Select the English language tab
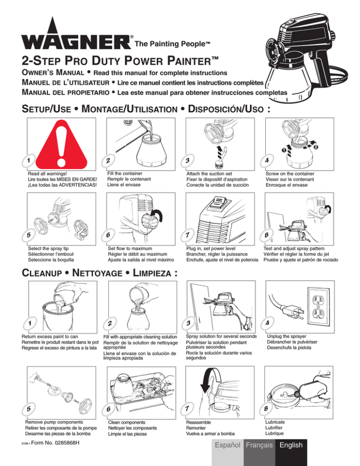[291, 445]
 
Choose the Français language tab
[259, 445]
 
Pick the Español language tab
[228, 445]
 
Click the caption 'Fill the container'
[125, 173]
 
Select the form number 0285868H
[55, 443]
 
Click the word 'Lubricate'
[275, 422]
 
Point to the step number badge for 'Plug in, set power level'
[187, 235]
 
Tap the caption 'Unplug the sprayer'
[286, 336]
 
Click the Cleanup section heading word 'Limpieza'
[152, 273]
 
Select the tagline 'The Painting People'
[172, 44]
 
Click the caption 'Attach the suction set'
[209, 173]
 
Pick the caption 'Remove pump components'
[54, 422]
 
